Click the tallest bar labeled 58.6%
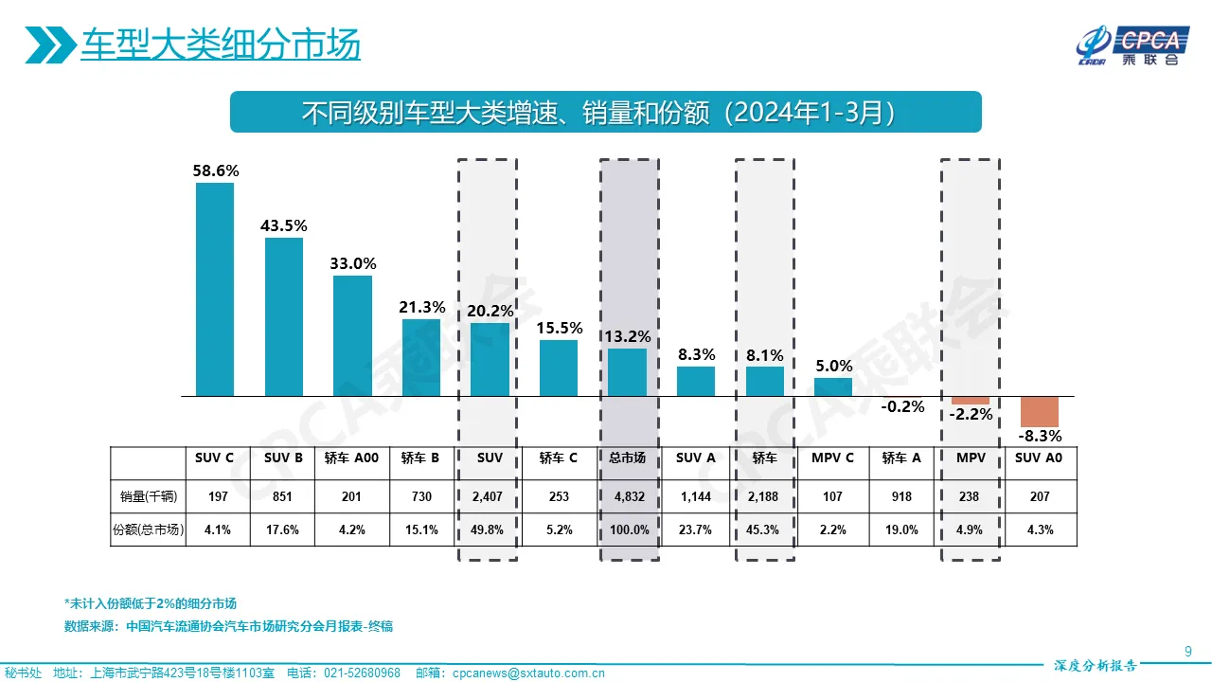(x=215, y=289)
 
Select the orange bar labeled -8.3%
(x=1040, y=411)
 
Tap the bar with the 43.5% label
(x=283, y=316)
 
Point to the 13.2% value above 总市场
(x=626, y=335)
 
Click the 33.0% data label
(x=352, y=263)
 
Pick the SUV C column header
(x=215, y=458)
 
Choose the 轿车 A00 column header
(x=352, y=458)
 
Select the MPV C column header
(x=833, y=458)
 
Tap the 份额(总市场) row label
(x=148, y=530)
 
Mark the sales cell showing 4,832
(x=627, y=496)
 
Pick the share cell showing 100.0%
(x=627, y=530)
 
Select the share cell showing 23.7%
(x=695, y=530)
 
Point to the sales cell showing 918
(x=901, y=496)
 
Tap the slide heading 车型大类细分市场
(x=220, y=45)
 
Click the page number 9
(x=1188, y=650)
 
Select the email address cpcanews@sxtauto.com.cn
(x=529, y=673)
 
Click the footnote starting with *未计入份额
(x=150, y=603)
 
